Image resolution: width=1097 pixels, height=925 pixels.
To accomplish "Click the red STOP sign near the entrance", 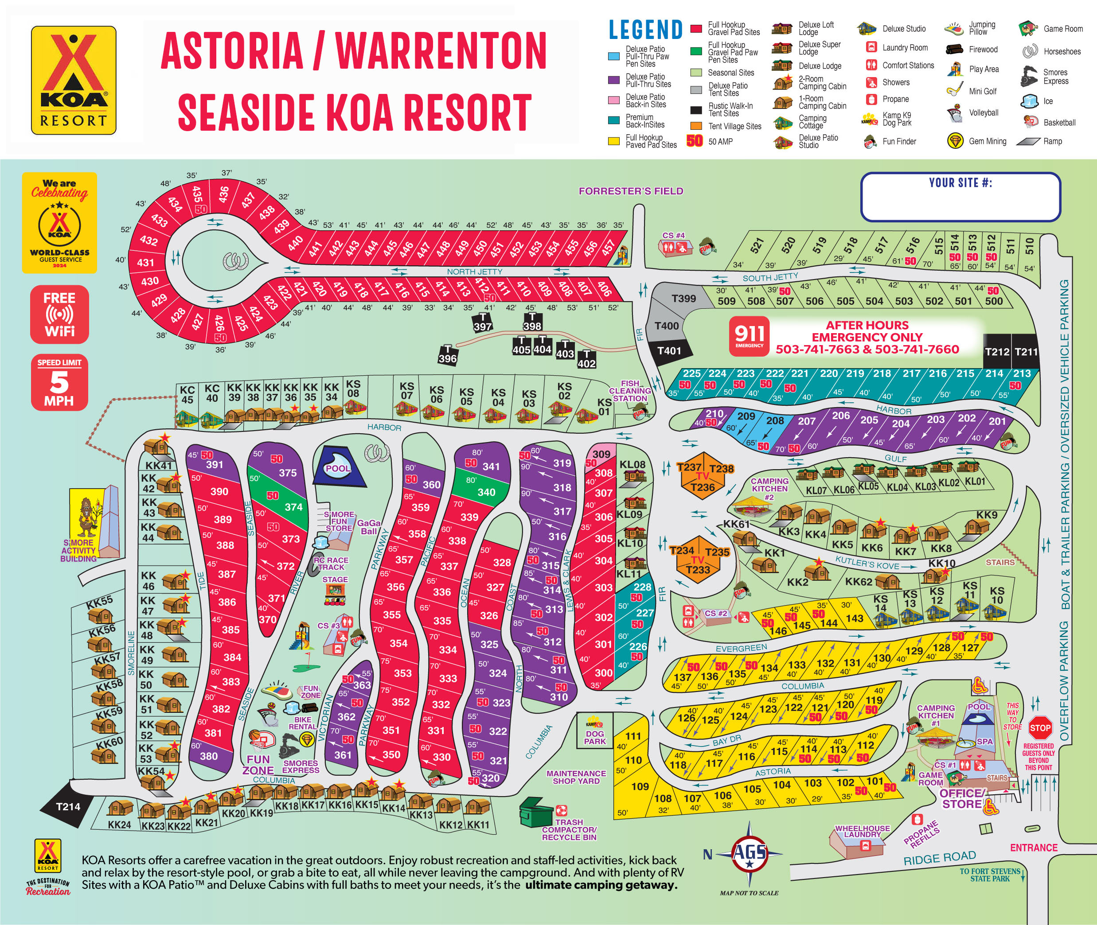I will [x=1040, y=728].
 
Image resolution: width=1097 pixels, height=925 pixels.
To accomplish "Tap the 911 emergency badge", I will [x=749, y=336].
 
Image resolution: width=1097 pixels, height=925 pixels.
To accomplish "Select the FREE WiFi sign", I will [x=59, y=315].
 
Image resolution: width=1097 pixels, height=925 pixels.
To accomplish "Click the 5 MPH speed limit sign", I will [x=59, y=382].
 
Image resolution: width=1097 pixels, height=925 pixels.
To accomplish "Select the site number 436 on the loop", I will [x=223, y=194].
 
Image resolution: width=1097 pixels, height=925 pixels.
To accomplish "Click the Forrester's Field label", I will [x=631, y=191].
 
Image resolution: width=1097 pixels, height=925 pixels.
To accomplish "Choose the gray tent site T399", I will [x=683, y=299].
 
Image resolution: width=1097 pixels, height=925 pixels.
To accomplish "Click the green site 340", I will [x=486, y=491].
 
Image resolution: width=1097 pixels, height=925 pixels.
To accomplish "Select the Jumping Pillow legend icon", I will [x=954, y=29].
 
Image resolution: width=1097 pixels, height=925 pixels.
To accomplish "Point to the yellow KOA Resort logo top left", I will [x=74, y=80].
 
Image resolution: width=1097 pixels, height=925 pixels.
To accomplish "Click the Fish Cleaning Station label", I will [x=629, y=391].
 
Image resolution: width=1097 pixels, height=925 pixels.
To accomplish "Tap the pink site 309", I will [x=601, y=454].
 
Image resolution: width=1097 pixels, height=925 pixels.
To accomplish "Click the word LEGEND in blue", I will [x=645, y=29].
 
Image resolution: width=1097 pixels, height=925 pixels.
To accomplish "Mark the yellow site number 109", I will [x=640, y=786].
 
